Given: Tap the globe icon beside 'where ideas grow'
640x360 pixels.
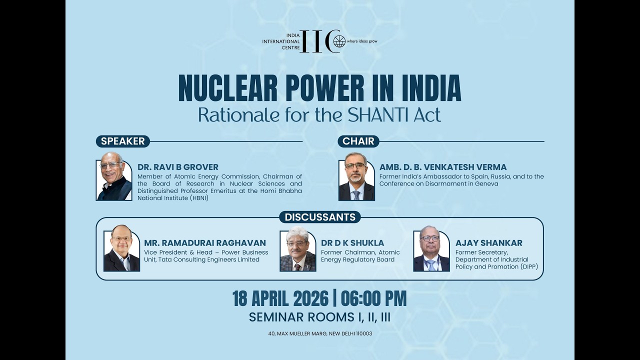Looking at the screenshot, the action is tap(339, 41).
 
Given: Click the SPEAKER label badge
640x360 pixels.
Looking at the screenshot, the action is tap(123, 141).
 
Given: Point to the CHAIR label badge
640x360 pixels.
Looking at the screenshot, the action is tap(358, 141).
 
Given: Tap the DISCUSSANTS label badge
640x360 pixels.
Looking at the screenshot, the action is tap(320, 217).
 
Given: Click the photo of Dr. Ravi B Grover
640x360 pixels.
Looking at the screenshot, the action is tap(114, 176).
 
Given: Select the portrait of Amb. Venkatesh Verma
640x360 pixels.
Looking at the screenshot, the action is tap(356, 176).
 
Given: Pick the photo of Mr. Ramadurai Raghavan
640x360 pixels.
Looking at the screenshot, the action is tap(121, 247).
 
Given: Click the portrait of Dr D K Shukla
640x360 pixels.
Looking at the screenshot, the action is tap(298, 248).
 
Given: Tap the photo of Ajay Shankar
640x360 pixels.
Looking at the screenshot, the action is tap(431, 248).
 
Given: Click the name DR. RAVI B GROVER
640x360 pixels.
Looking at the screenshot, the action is tap(177, 167).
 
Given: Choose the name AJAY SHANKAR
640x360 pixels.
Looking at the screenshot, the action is tap(489, 243).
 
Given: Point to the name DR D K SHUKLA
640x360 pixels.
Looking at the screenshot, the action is tap(352, 243).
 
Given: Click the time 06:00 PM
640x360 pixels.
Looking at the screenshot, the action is tap(373, 299).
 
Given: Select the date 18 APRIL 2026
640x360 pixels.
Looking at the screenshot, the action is tap(280, 299).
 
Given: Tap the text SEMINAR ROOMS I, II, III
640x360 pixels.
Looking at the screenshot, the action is tap(319, 317).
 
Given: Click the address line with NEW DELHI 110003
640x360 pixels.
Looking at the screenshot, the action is tap(320, 333).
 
